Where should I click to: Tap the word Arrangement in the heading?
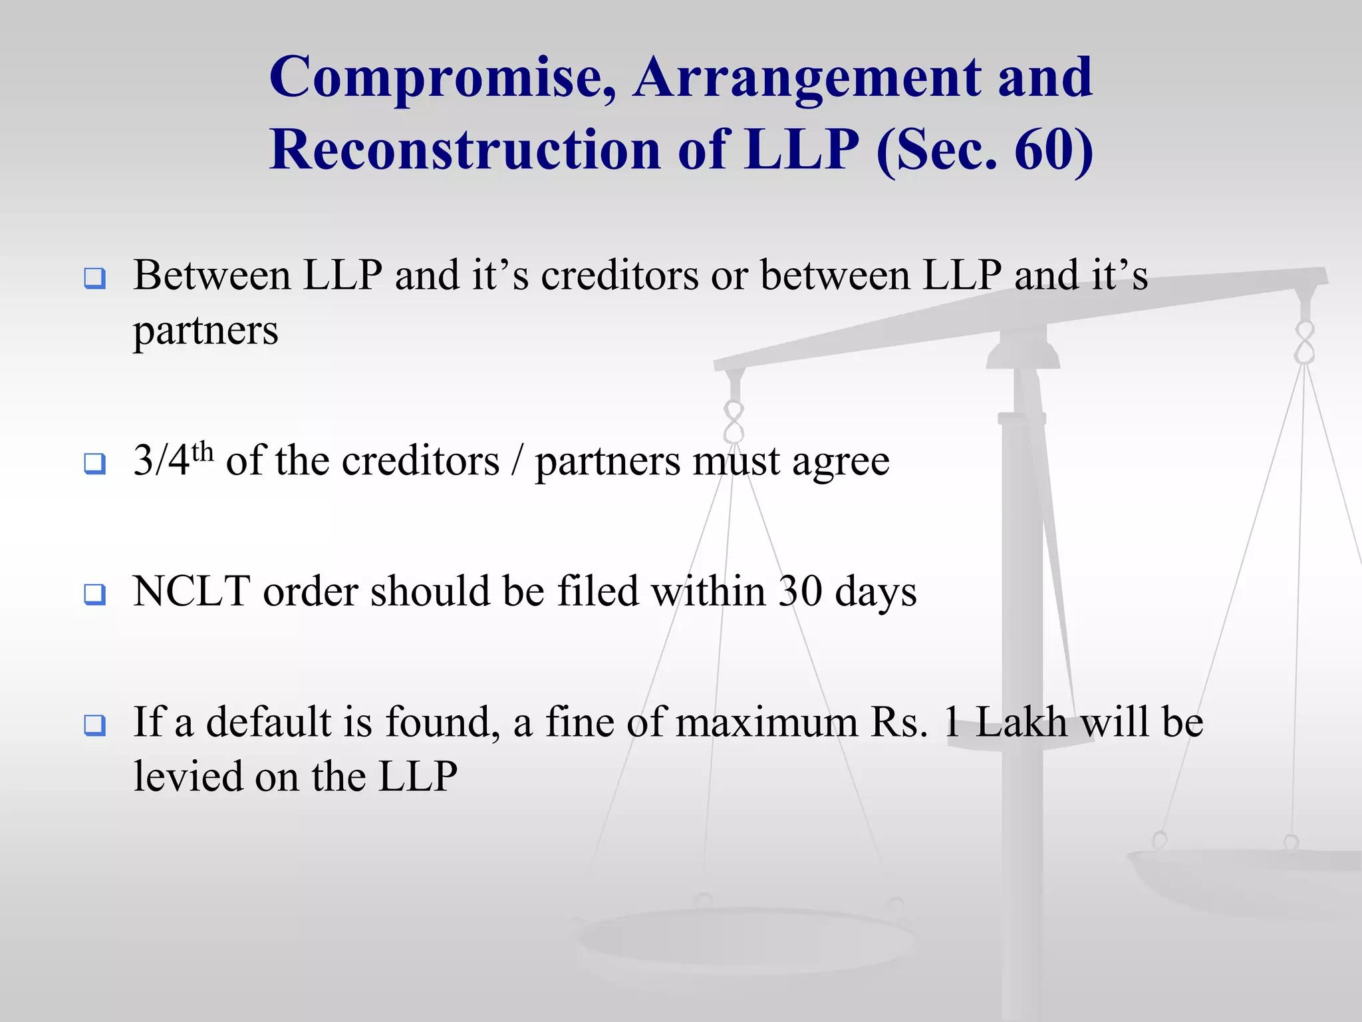pyautogui.click(x=806, y=79)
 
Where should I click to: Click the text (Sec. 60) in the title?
pyautogui.click(x=984, y=150)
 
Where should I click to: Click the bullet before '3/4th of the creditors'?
pyautogui.click(x=95, y=463)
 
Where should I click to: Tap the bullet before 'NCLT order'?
pyautogui.click(x=95, y=594)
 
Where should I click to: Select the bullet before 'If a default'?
pyautogui.click(x=95, y=725)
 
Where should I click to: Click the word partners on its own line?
pyautogui.click(x=205, y=331)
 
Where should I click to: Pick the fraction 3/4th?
pyautogui.click(x=172, y=460)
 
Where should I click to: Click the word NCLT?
pyautogui.click(x=192, y=591)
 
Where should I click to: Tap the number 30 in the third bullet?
pyautogui.click(x=801, y=591)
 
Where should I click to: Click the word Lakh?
pyautogui.click(x=1020, y=722)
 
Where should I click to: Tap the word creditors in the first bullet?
pyautogui.click(x=620, y=275)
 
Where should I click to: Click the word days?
pyautogui.click(x=876, y=592)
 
